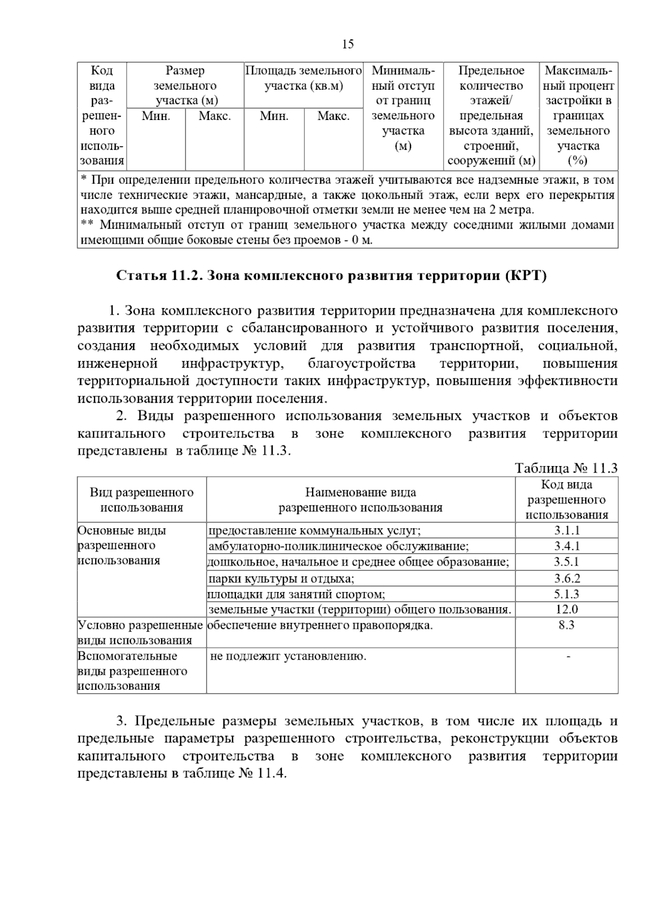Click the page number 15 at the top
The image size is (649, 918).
point(348,44)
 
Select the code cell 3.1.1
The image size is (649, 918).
point(566,530)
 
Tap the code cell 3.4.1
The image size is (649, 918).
point(566,546)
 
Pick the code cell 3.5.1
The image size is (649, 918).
point(566,562)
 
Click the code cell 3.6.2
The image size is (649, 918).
point(566,578)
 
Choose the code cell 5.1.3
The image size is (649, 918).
point(566,594)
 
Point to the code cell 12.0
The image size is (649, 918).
point(566,609)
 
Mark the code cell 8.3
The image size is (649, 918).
point(566,625)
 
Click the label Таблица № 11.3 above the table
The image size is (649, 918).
point(566,468)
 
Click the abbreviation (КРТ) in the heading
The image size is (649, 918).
point(526,276)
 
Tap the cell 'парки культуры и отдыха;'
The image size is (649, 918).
point(281,578)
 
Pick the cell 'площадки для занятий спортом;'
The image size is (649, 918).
point(296,594)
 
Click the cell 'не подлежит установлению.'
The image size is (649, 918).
point(288,656)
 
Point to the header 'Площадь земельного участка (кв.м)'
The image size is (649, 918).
point(303,78)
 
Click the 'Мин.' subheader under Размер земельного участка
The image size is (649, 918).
point(156,116)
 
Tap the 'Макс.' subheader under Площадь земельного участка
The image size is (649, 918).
point(333,116)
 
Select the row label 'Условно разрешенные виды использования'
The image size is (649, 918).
point(141,633)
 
